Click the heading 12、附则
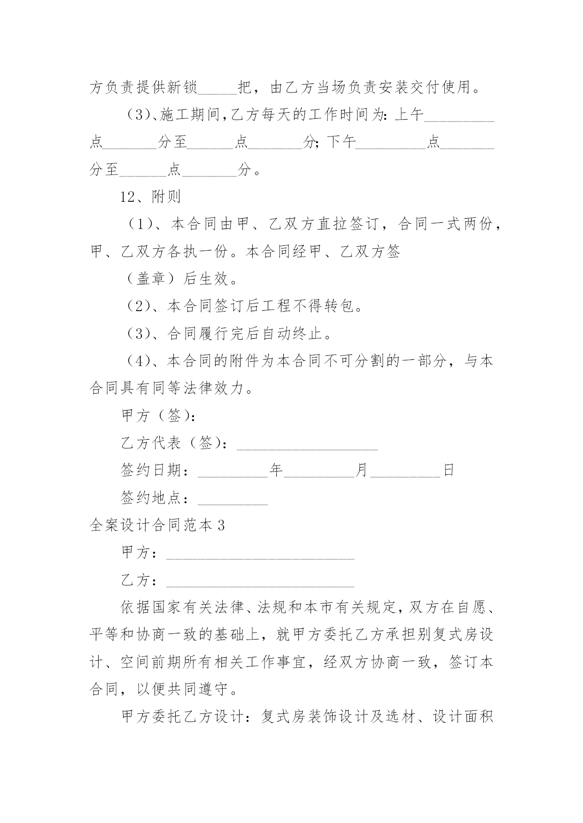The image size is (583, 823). tap(150, 197)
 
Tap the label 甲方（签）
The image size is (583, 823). tap(158, 416)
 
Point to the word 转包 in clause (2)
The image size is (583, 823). tap(346, 306)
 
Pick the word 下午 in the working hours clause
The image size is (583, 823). tap(342, 142)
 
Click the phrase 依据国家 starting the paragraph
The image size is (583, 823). tap(151, 608)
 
